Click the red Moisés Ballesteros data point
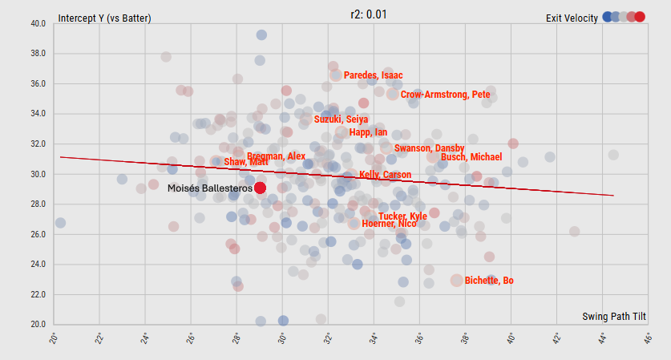tap(260, 188)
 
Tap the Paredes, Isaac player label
tap(373, 75)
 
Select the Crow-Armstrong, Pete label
tap(445, 95)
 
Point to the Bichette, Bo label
tap(489, 281)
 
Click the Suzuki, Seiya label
tap(341, 119)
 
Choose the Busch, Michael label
tap(471, 157)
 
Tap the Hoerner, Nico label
tap(389, 224)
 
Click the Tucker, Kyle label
tap(402, 216)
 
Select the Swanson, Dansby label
tap(429, 148)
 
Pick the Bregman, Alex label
tap(276, 156)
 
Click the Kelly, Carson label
tap(385, 175)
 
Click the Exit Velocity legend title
tap(572, 18)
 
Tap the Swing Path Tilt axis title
tap(614, 317)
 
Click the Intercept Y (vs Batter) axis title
tap(104, 18)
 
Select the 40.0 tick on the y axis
tap(38, 23)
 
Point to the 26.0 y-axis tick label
tap(38, 234)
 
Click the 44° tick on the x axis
tap(602, 340)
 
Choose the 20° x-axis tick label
tap(53, 340)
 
